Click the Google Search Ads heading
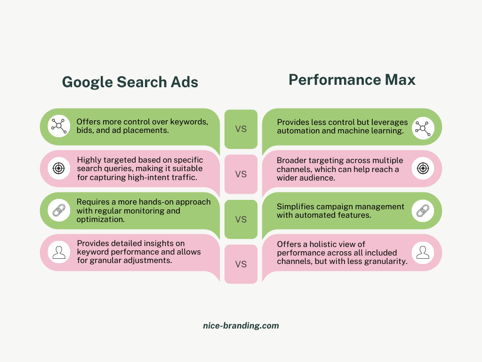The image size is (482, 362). (130, 82)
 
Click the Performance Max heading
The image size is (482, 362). (352, 80)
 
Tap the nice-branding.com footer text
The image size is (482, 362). (241, 326)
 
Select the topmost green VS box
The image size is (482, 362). (241, 129)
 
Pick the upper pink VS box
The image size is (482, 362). (241, 174)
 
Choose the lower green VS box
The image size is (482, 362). (241, 219)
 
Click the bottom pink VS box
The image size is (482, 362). (241, 264)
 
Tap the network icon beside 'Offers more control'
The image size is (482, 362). (59, 126)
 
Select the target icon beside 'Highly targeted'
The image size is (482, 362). (59, 168)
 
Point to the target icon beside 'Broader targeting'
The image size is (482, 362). (423, 168)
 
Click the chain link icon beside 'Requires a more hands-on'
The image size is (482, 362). (59, 210)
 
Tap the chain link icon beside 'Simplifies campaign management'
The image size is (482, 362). (423, 210)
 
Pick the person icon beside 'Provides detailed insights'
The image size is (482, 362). (59, 252)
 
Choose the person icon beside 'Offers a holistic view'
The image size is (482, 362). (423, 252)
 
